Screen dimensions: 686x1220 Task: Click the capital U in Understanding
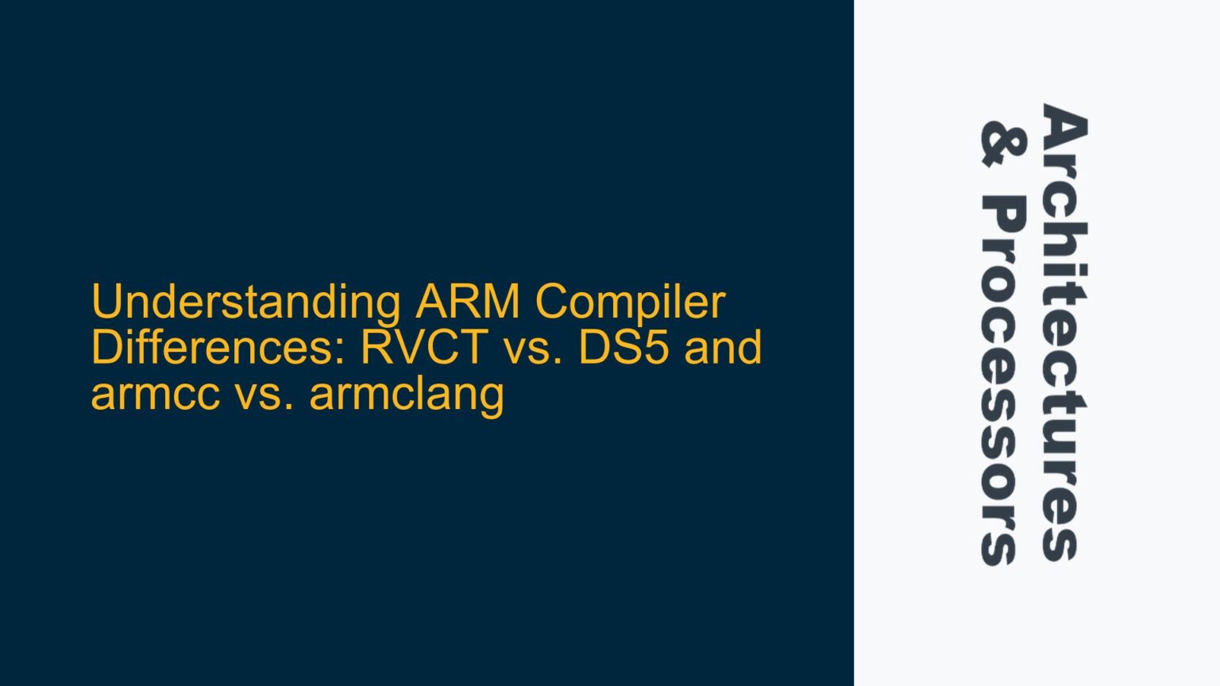pos(106,302)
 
